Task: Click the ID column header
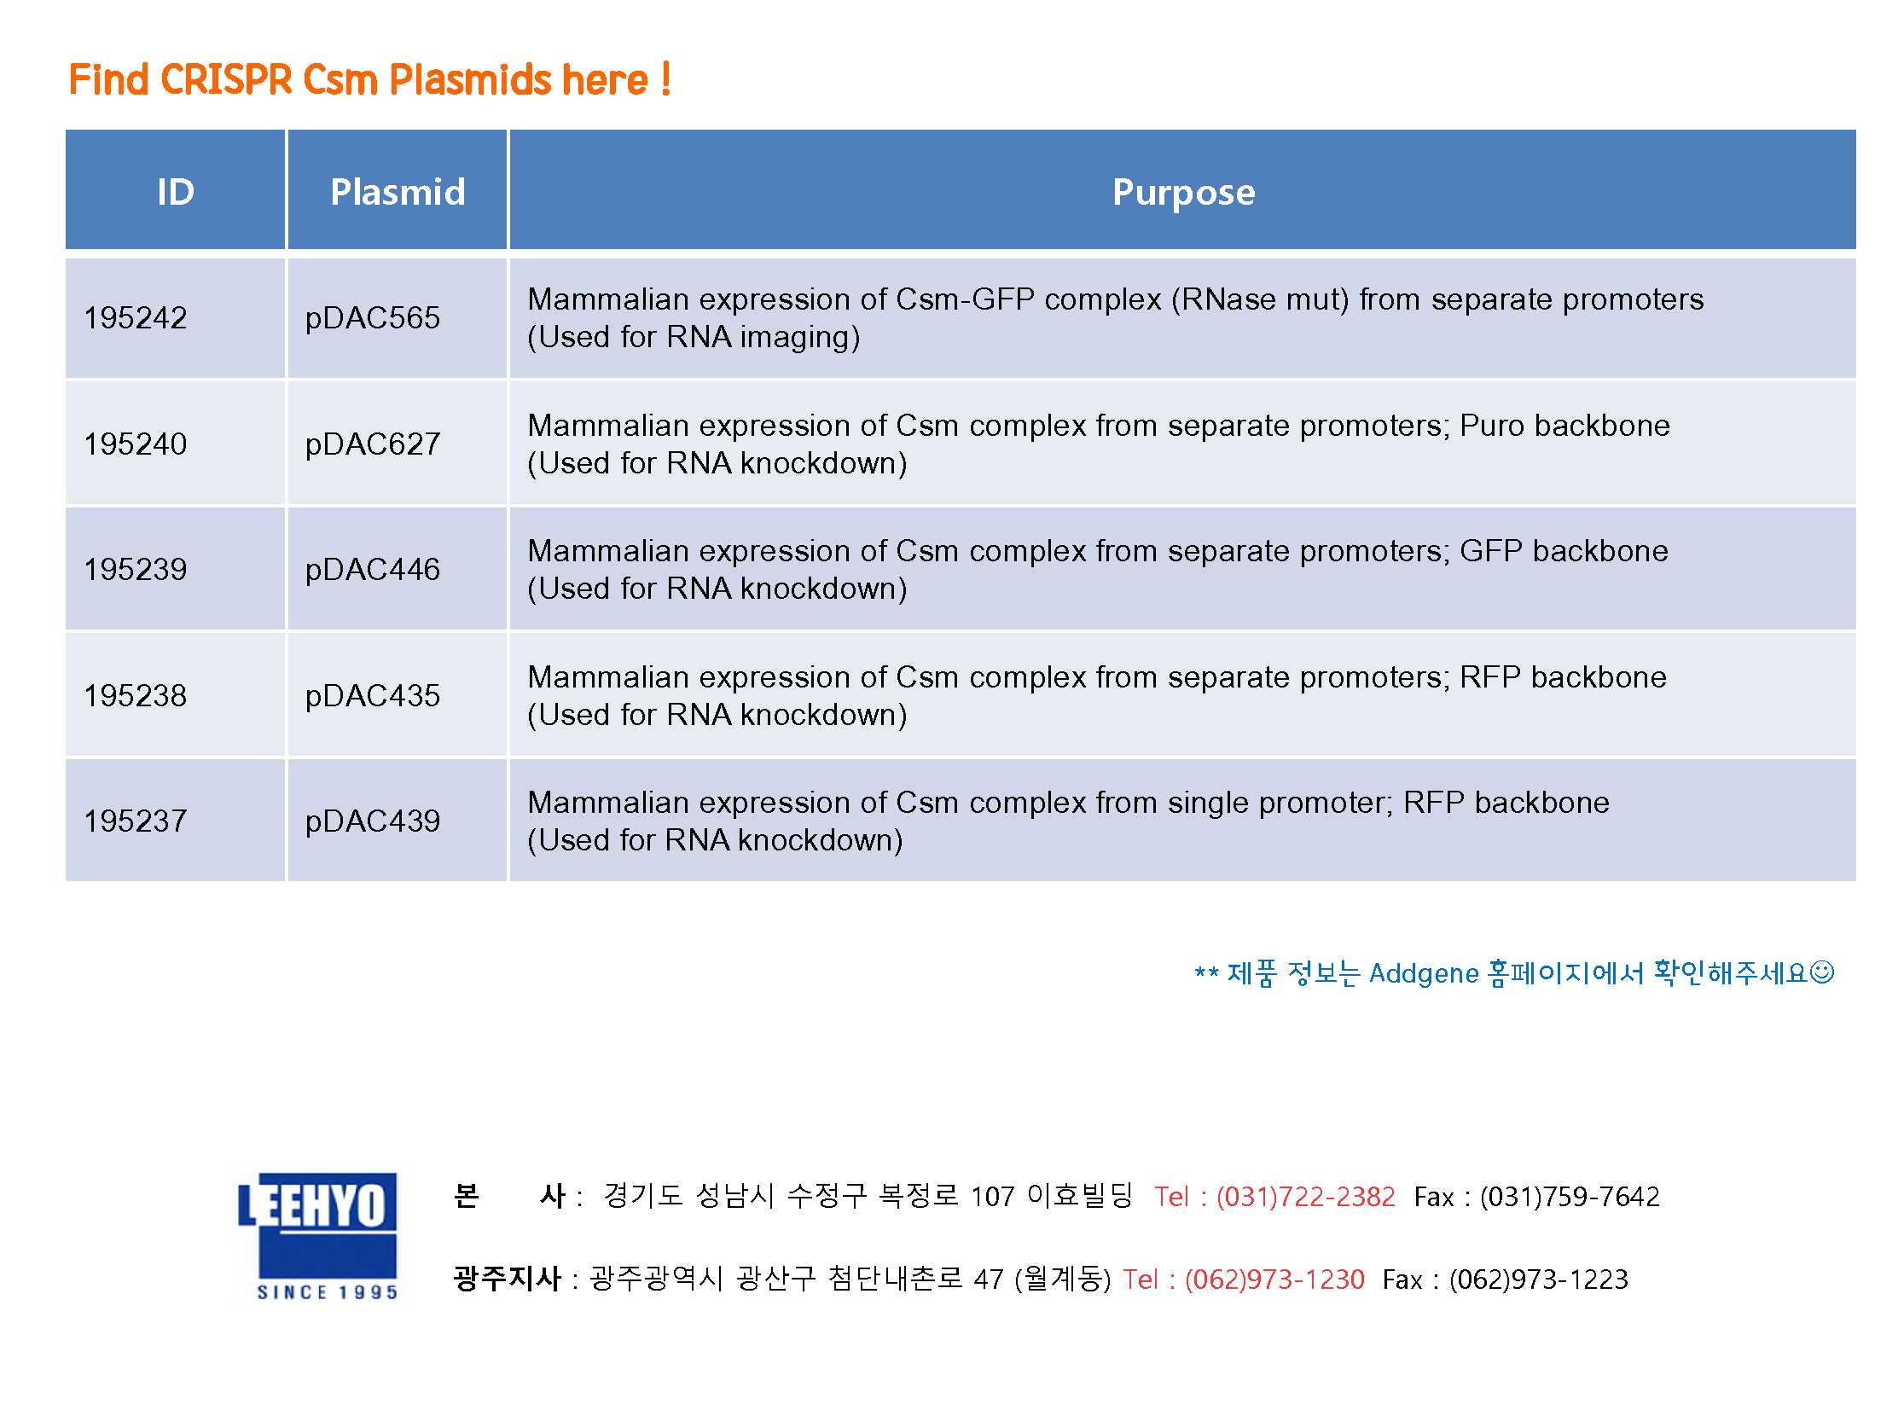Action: pos(175,192)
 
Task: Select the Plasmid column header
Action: pos(398,192)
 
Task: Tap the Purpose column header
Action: pos(1183,193)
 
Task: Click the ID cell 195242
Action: pos(135,318)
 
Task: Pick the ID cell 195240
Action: pos(135,444)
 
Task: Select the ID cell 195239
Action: pos(135,569)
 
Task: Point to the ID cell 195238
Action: pos(135,695)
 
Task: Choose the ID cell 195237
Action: pos(135,821)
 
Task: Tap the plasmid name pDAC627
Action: pos(372,444)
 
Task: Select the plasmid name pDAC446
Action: pos(372,570)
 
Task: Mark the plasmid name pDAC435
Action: pos(372,696)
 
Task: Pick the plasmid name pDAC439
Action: pos(372,822)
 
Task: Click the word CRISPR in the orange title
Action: pos(226,80)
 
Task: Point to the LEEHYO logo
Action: pos(317,1237)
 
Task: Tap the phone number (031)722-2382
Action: pos(1305,1197)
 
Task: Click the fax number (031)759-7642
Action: pos(1570,1197)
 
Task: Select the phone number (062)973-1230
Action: pos(1274,1279)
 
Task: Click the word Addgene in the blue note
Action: pos(1424,974)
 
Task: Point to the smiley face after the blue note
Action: pos(1821,972)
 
